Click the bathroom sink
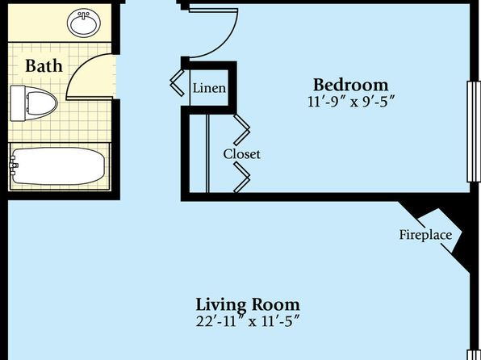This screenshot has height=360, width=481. (84, 23)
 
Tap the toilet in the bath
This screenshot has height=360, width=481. (34, 103)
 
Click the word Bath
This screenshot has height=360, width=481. (44, 66)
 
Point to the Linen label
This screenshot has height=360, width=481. (209, 89)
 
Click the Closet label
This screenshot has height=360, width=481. (242, 154)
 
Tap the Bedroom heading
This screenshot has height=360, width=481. (350, 85)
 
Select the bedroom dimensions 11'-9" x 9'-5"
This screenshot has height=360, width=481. (350, 101)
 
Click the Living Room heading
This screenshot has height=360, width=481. (248, 304)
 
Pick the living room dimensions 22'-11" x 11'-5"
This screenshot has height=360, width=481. (248, 321)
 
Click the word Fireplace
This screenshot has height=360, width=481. (425, 235)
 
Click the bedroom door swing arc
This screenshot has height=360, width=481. (225, 44)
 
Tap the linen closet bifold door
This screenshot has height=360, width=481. (178, 83)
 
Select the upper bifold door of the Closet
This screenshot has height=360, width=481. (242, 130)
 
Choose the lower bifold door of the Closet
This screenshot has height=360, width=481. (242, 178)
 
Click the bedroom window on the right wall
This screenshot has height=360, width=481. (473, 132)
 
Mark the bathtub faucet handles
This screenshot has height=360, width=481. (13, 165)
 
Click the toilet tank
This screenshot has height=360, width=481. (18, 103)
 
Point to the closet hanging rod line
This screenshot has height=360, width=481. (207, 153)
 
